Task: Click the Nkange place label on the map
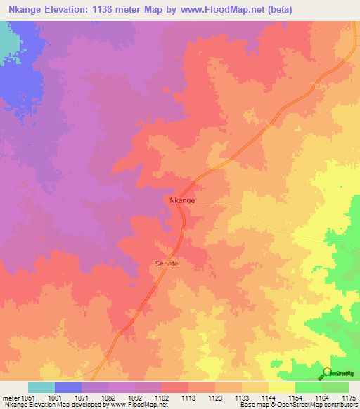tap(182, 201)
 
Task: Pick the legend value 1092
tap(135, 397)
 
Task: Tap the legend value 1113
tap(188, 397)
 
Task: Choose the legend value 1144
tap(269, 397)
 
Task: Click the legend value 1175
tap(349, 397)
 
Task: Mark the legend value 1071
tap(82, 397)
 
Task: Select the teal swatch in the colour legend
tap(41, 387)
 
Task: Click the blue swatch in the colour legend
tap(68, 387)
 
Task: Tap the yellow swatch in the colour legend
tap(282, 387)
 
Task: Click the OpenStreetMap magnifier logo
tap(328, 373)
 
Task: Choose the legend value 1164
tap(322, 397)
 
